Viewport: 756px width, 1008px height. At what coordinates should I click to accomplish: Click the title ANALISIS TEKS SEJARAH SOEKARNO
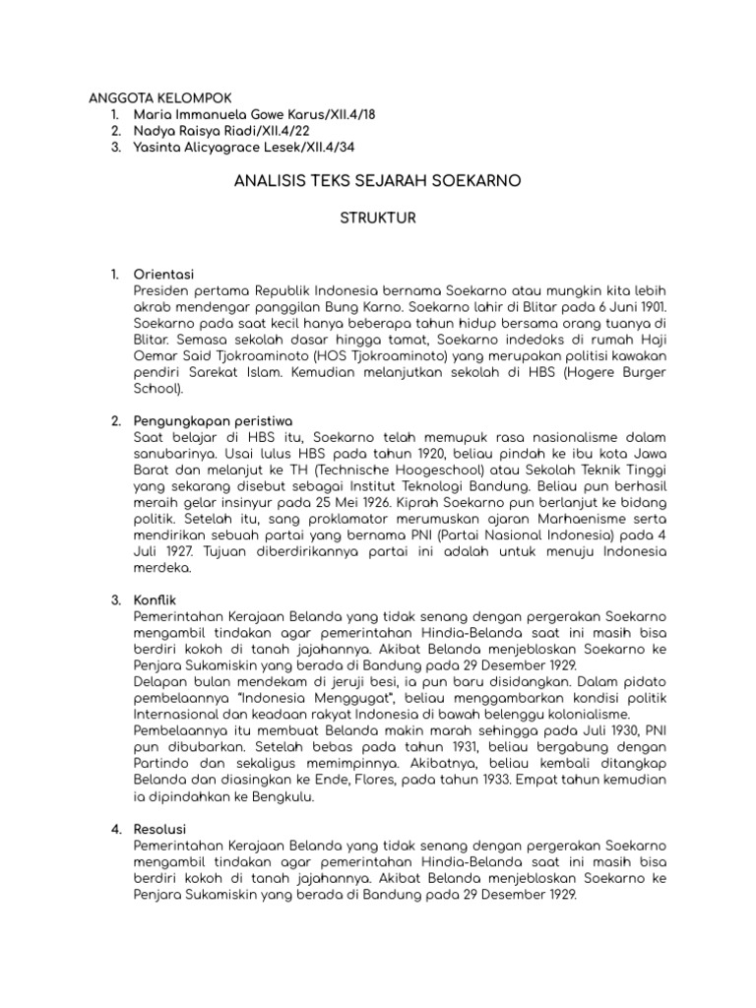click(x=378, y=182)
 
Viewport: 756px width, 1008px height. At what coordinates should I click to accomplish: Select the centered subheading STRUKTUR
click(x=378, y=219)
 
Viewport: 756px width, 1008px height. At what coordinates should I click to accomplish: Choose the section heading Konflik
click(x=158, y=599)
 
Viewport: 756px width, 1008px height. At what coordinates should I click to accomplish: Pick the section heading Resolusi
click(x=163, y=830)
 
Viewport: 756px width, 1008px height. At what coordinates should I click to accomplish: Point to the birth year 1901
click(x=651, y=306)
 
